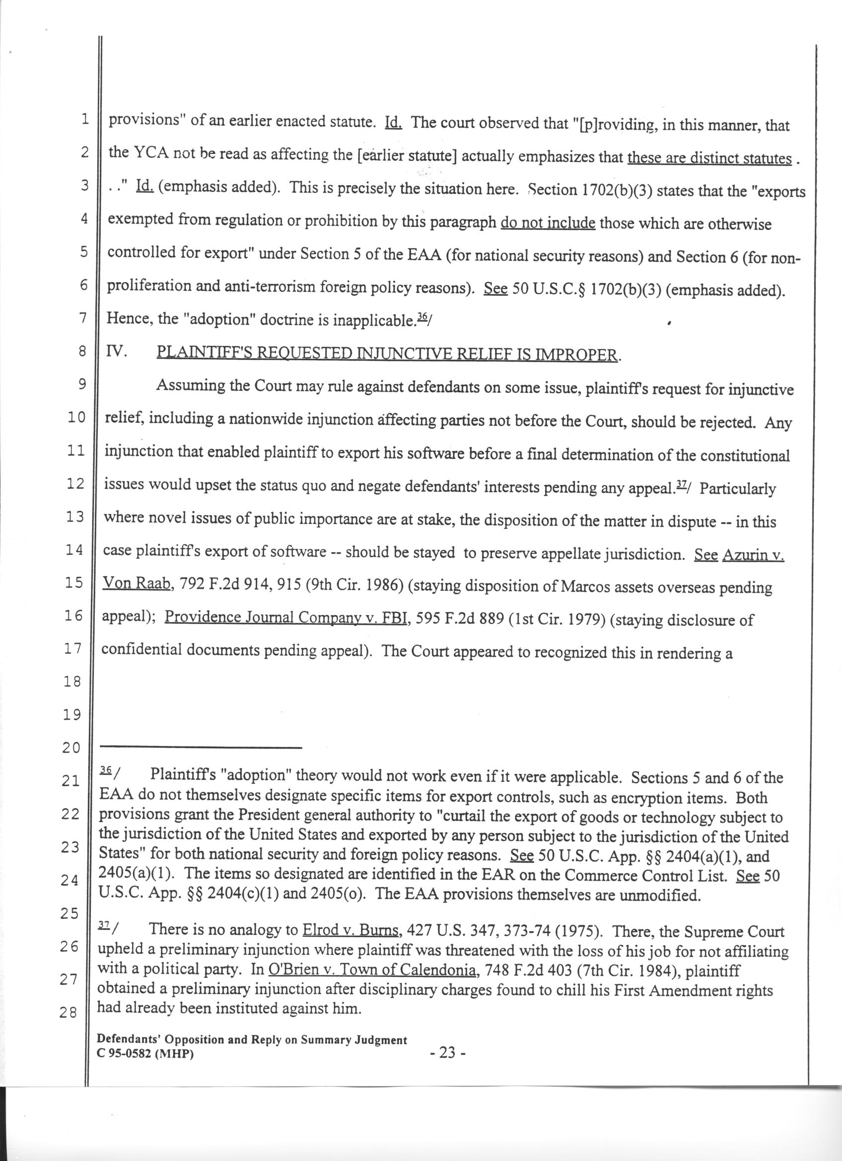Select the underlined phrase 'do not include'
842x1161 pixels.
click(x=548, y=224)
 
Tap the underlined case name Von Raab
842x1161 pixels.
click(x=136, y=583)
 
